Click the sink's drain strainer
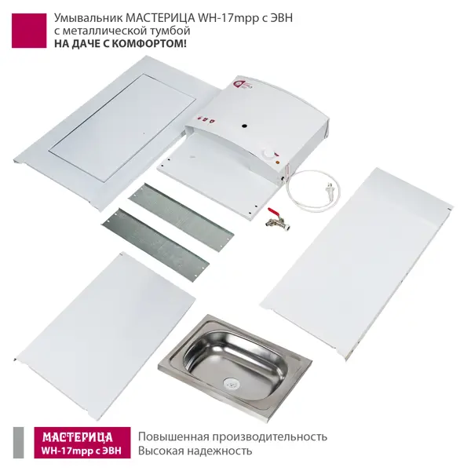tap(230, 382)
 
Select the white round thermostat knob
tap(268, 153)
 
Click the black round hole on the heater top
tap(245, 126)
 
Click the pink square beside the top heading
tap(29, 31)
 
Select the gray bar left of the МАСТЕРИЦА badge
tap(18, 443)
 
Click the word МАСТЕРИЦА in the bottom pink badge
tap(78, 437)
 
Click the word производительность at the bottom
tap(270, 436)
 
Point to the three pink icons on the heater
tap(205, 119)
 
